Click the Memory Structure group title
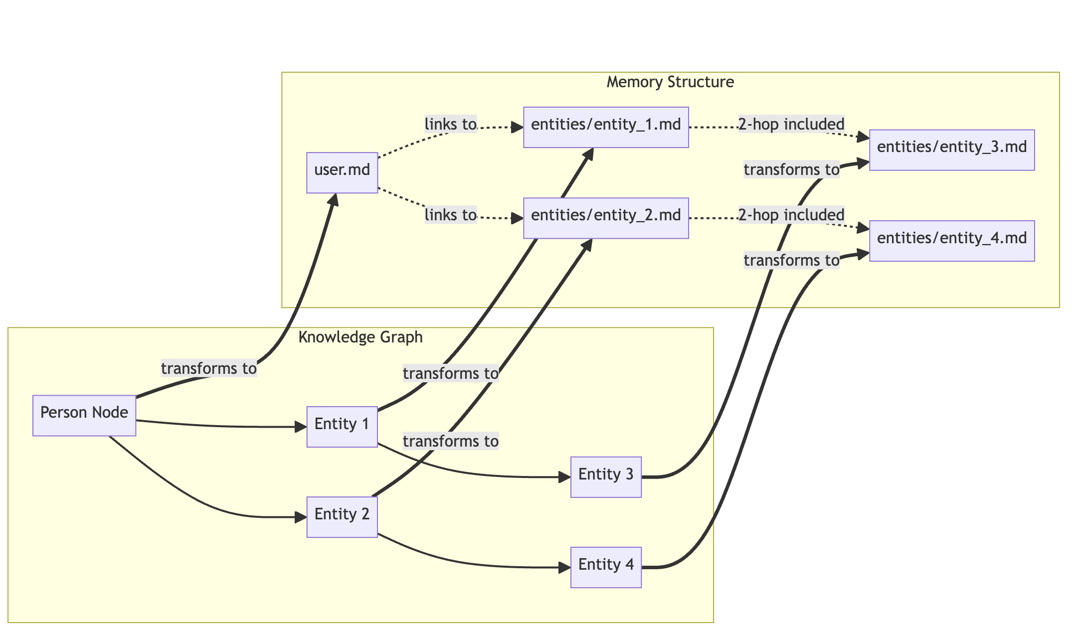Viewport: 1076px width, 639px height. (x=670, y=82)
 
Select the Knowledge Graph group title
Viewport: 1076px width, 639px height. (x=360, y=337)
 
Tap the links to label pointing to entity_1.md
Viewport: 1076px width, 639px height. (x=450, y=124)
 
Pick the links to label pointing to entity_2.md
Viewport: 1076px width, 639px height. (x=450, y=215)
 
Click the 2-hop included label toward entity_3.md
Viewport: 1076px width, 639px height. (x=791, y=124)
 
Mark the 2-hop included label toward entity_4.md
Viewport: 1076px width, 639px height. (x=791, y=215)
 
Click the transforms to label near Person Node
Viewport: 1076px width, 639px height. (x=208, y=369)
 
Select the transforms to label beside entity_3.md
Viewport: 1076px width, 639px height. (x=791, y=170)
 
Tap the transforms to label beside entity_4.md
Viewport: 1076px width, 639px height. (x=791, y=261)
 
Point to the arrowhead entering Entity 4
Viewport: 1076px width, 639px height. (x=565, y=567)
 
